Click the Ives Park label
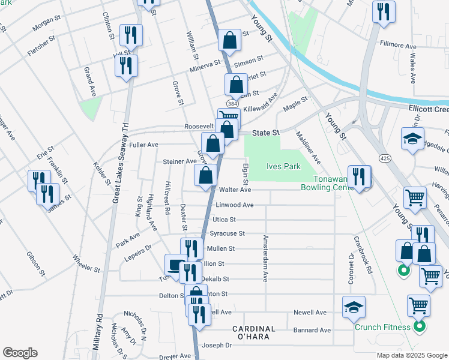click(283, 167)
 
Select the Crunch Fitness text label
click(382, 327)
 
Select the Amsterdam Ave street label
click(264, 258)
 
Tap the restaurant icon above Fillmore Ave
click(382, 11)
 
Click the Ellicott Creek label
click(427, 109)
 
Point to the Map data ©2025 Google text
click(411, 355)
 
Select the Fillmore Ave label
click(399, 45)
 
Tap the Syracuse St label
click(226, 233)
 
